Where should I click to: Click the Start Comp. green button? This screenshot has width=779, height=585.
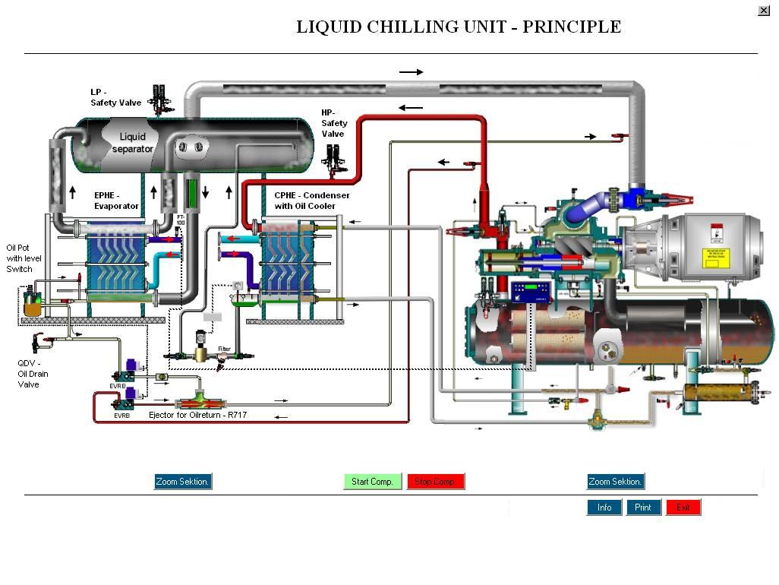pyautogui.click(x=372, y=482)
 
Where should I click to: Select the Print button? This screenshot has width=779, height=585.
pyautogui.click(x=643, y=508)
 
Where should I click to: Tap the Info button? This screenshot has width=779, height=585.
pyautogui.click(x=604, y=508)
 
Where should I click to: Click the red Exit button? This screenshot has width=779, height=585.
pyautogui.click(x=683, y=508)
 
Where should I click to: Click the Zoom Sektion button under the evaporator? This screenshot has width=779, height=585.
pyautogui.click(x=182, y=482)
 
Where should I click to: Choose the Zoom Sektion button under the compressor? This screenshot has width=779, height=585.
pyautogui.click(x=615, y=482)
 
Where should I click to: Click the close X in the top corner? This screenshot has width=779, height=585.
pyautogui.click(x=764, y=11)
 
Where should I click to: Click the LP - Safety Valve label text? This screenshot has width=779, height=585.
pyautogui.click(x=115, y=97)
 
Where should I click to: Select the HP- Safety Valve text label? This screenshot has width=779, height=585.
pyautogui.click(x=334, y=123)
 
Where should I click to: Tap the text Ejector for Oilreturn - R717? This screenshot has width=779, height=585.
pyautogui.click(x=197, y=416)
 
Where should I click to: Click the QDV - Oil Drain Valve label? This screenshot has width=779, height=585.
pyautogui.click(x=33, y=374)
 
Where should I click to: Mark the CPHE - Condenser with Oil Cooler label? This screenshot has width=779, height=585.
pyautogui.click(x=312, y=201)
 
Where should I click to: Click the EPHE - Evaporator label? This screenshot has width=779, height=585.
pyautogui.click(x=116, y=201)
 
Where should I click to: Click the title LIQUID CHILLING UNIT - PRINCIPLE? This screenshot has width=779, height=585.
pyautogui.click(x=459, y=27)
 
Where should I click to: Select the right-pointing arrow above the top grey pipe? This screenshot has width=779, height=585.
pyautogui.click(x=411, y=72)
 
